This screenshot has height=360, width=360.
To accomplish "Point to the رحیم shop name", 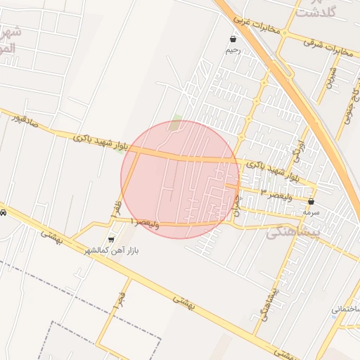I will [x=233, y=50].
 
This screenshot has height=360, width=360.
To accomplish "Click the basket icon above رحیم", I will [x=233, y=39].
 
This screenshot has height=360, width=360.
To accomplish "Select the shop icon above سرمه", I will [x=311, y=200].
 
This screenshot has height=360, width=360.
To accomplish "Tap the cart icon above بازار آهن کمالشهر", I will [x=111, y=240].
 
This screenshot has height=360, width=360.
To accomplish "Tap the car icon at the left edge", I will [x=3, y=212].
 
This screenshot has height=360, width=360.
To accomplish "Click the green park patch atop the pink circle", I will [x=176, y=122].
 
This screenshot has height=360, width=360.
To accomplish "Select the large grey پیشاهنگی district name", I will [x=294, y=231].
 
